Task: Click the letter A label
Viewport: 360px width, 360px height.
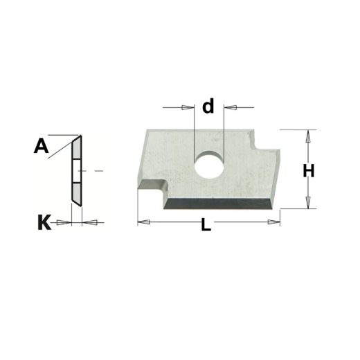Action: click(x=41, y=145)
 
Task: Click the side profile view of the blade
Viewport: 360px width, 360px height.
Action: click(x=76, y=170)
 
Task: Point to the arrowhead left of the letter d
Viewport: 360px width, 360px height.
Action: click(x=188, y=107)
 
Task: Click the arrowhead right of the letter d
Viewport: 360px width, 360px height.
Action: click(x=231, y=107)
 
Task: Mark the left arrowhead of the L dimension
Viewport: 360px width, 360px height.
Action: click(x=143, y=222)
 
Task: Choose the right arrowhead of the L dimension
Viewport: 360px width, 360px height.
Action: click(x=276, y=222)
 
